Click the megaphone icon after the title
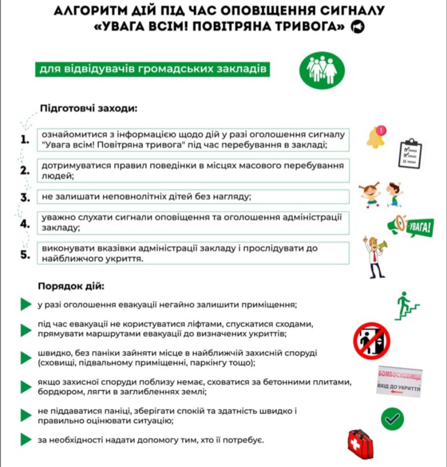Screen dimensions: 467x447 (x=358, y=28)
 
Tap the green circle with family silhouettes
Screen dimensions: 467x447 (x=322, y=70)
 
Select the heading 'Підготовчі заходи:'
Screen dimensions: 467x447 (x=88, y=109)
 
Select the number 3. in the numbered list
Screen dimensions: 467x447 (x=25, y=198)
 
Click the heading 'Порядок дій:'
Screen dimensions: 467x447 (x=71, y=287)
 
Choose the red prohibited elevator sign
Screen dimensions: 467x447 (x=371, y=341)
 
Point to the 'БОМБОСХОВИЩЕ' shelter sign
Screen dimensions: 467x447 (x=399, y=382)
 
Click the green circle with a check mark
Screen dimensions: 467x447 (x=392, y=419)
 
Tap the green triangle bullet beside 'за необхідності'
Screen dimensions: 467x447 (x=26, y=441)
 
